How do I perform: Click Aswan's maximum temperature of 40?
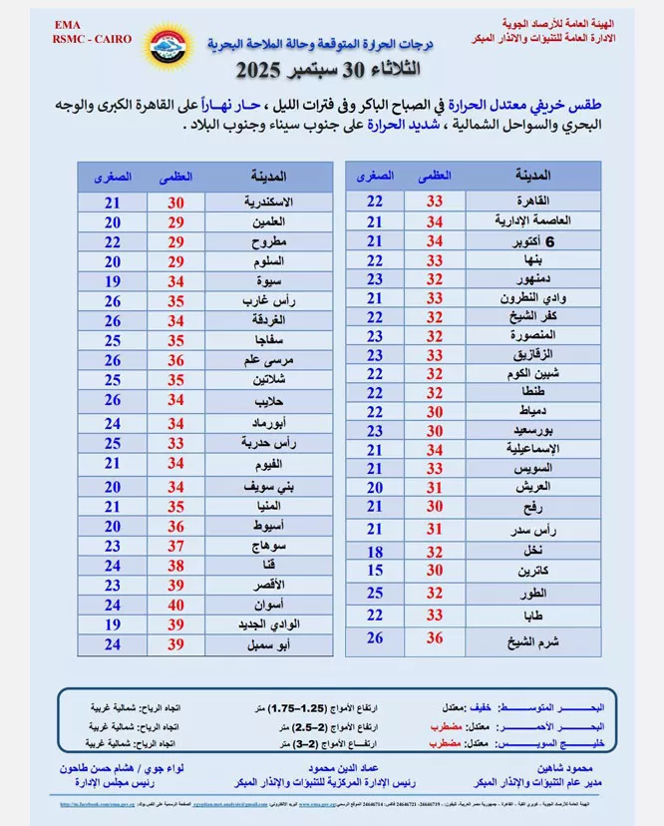175,606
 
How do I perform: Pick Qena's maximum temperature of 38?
175,565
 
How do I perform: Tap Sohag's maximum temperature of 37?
175,546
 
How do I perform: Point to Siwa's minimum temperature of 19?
113,282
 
